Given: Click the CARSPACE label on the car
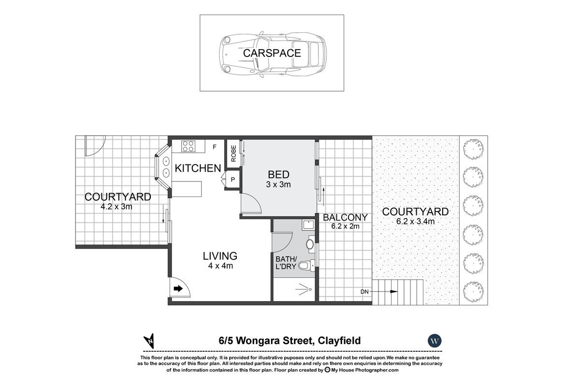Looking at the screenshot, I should (272, 53).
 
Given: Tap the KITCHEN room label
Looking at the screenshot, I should (198, 168).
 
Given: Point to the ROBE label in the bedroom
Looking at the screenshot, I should (233, 153).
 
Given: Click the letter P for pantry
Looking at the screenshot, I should (232, 179).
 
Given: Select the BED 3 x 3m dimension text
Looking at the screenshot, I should (278, 184).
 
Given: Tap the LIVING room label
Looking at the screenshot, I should (220, 256).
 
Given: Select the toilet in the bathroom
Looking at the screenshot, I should (305, 265).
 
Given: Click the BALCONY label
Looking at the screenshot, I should (345, 218).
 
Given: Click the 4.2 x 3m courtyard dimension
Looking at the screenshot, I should (116, 207).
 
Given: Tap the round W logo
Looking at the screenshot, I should (435, 341).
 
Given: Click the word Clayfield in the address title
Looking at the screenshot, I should (338, 341).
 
